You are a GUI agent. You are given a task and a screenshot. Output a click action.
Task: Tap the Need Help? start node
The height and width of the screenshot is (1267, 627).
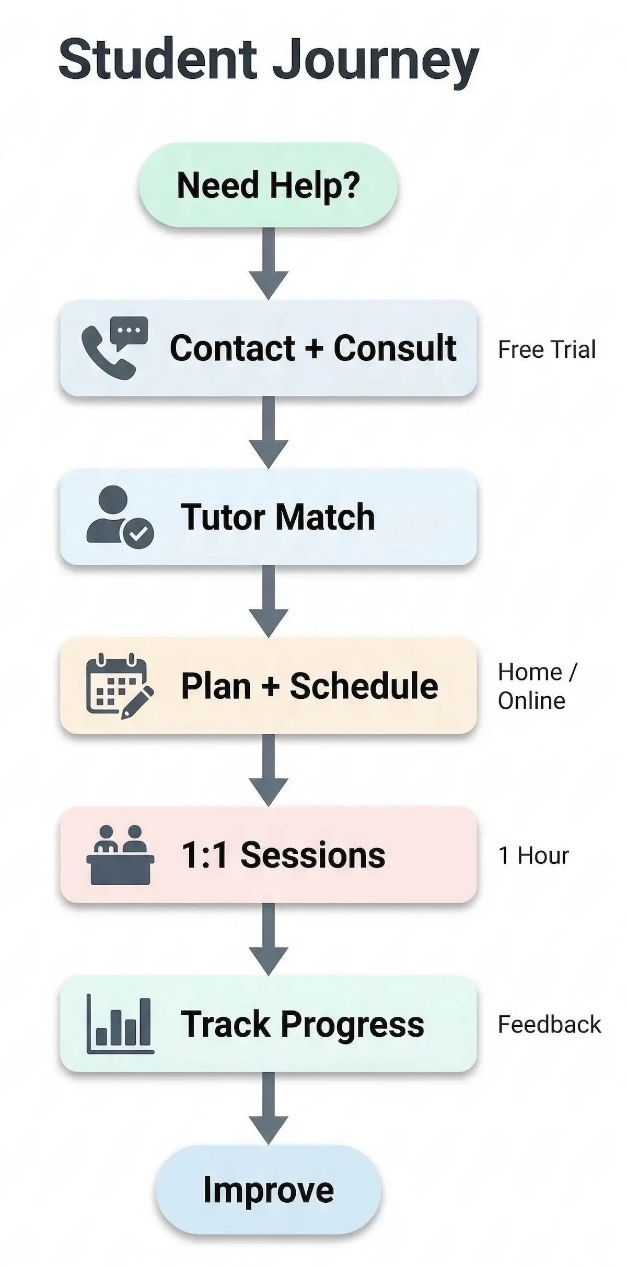point(268,185)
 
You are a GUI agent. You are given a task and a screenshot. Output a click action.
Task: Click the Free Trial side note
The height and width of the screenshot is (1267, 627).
point(547,349)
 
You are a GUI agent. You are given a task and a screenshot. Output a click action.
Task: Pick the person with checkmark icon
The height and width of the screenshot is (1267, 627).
point(120,517)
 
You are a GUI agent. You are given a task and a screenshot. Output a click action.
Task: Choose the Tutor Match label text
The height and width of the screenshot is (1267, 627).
point(277,517)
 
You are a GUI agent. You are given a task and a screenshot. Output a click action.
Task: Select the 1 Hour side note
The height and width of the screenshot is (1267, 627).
point(533,855)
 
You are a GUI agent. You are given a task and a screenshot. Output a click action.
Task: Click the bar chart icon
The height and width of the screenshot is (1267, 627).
point(120,1024)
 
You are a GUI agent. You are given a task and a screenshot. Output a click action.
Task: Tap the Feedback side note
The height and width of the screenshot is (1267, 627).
point(549,1024)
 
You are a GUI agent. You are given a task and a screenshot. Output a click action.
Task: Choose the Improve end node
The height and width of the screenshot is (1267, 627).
point(269,1190)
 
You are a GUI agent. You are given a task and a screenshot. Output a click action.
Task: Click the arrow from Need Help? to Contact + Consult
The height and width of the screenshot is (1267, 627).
point(269,264)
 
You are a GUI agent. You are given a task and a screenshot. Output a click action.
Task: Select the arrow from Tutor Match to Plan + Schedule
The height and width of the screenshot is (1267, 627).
point(269,601)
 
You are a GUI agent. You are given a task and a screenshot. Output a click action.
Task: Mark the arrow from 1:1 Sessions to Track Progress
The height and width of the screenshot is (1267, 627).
point(269,939)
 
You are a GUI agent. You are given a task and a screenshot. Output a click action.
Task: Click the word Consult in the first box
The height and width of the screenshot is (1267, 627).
point(395,348)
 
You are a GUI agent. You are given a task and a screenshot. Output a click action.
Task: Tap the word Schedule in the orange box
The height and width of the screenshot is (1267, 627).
point(364,686)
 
